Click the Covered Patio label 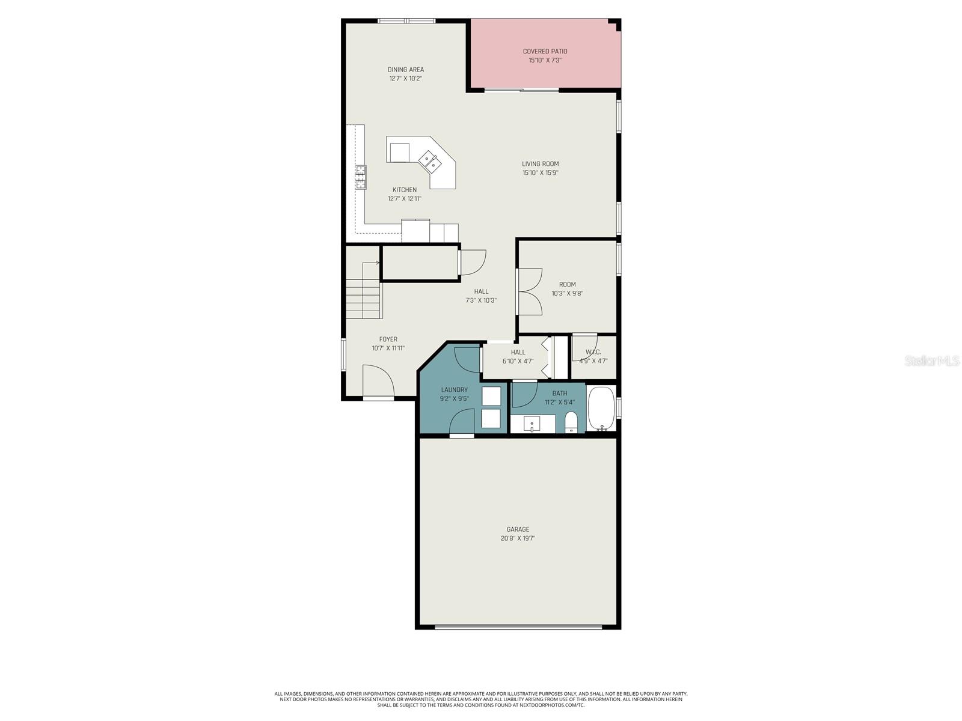pyautogui.click(x=545, y=52)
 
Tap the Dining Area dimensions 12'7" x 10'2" pyautogui.click(x=405, y=79)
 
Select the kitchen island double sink pyautogui.click(x=430, y=160)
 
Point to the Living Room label pyautogui.click(x=540, y=163)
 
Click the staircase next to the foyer pyautogui.click(x=364, y=291)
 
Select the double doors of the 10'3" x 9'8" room pyautogui.click(x=529, y=291)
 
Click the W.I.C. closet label pyautogui.click(x=593, y=352)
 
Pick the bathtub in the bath pyautogui.click(x=601, y=409)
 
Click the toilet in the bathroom pyautogui.click(x=571, y=422)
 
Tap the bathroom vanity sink pyautogui.click(x=532, y=425)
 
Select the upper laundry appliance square pyautogui.click(x=491, y=397)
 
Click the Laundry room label pyautogui.click(x=454, y=390)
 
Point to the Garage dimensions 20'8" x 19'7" pyautogui.click(x=518, y=538)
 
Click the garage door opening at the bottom pyautogui.click(x=518, y=627)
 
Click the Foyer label pyautogui.click(x=388, y=339)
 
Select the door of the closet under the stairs pyautogui.click(x=472, y=263)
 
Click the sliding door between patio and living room pyautogui.click(x=521, y=91)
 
